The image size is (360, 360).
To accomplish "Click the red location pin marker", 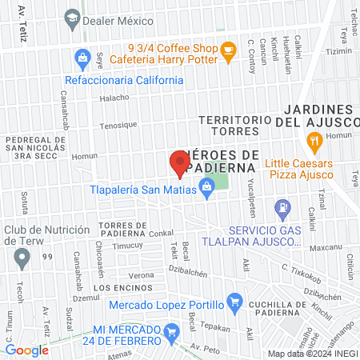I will click(x=178, y=162).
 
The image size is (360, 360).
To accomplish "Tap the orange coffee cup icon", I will click(x=228, y=50).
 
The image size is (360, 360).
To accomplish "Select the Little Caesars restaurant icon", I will click(x=314, y=142).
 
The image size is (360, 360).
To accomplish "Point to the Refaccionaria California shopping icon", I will click(x=82, y=58).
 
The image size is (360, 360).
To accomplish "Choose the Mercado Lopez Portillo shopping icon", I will click(x=234, y=302).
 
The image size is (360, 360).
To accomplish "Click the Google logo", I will click(x=26, y=350).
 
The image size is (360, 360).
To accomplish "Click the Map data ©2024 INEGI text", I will click(x=310, y=353).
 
